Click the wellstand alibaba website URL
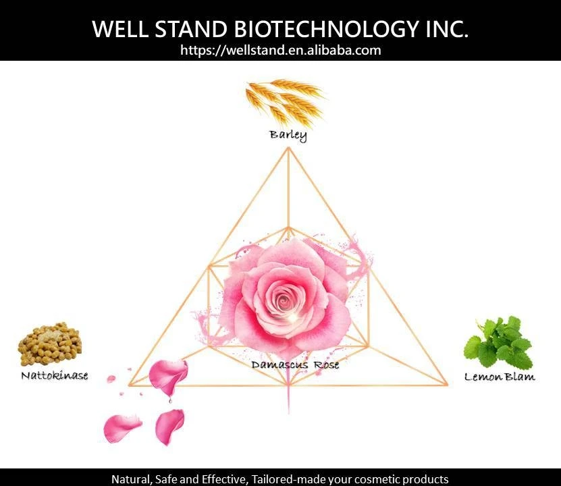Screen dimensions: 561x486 pos(280,50)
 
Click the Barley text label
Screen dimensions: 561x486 pos(288,135)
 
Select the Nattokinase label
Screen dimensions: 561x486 pos(54,375)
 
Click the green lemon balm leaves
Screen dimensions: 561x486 pos(499,342)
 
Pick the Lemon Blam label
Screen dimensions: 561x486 pos(500,377)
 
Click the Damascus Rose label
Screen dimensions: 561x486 pos(295,364)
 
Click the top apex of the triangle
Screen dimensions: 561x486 pos(288,150)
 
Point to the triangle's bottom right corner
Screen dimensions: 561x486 pos(446,385)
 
